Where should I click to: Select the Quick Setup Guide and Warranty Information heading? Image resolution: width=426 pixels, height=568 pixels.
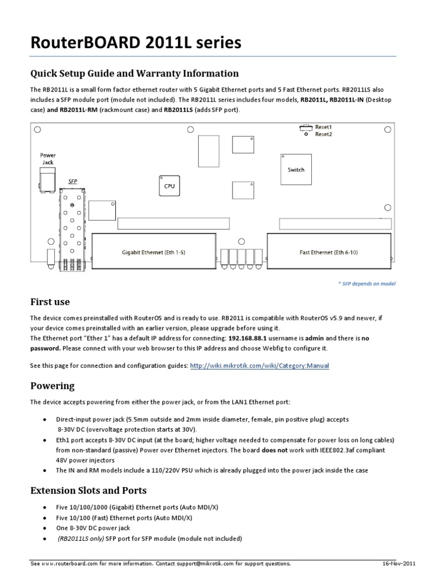[134, 74]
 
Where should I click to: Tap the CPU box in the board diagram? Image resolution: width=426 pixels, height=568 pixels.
[169, 186]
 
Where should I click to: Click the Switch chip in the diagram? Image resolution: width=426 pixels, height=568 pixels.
[296, 170]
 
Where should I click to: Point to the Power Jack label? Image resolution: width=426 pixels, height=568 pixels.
[48, 159]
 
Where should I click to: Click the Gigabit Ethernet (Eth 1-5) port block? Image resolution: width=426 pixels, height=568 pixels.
[153, 252]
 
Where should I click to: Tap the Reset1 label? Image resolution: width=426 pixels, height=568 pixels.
[323, 127]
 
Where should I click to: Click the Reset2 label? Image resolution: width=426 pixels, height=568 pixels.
[323, 134]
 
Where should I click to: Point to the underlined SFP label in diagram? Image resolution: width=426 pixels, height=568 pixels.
[72, 181]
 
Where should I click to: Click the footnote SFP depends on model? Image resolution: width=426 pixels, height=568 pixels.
[367, 283]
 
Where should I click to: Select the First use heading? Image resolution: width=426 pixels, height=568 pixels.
[50, 302]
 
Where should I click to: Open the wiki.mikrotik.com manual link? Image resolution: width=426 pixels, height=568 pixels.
[259, 366]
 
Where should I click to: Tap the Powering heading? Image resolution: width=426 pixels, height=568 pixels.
[52, 386]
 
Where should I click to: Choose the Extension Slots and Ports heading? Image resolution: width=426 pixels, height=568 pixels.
[88, 490]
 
